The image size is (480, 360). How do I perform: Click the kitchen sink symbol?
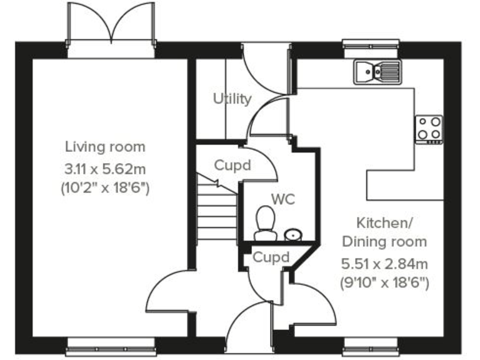(x=377, y=71)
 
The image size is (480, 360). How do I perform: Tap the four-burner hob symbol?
(x=429, y=128)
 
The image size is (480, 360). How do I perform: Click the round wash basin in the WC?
(x=292, y=235)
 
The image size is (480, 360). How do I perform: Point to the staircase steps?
(x=216, y=209)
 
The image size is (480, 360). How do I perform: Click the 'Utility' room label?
(x=232, y=99)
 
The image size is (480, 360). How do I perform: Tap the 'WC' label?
(x=282, y=199)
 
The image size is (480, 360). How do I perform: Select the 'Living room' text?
(x=105, y=147)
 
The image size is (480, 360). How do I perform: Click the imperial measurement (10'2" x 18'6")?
(x=105, y=187)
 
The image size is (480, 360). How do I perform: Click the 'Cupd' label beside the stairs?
(x=232, y=166)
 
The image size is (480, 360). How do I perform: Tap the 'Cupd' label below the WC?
(x=271, y=257)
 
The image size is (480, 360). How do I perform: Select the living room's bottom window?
(x=111, y=342)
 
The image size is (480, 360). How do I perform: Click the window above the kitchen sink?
(x=370, y=46)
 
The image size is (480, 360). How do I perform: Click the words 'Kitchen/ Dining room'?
(x=383, y=232)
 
